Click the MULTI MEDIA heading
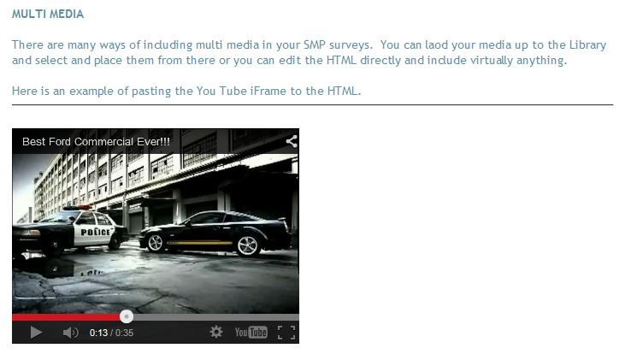coord(48,15)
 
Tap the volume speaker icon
coord(70,333)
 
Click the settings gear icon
coord(216,332)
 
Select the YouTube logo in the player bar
coord(251,333)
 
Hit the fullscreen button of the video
coord(286,333)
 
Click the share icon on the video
coord(292,141)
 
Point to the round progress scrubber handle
coord(127,316)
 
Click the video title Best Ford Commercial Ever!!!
coord(97,142)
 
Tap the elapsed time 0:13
coord(98,333)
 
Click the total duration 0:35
coord(124,333)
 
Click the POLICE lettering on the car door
coord(96,232)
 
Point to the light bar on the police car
coord(79,208)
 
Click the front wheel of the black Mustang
coord(155,243)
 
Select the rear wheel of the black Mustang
coord(247,245)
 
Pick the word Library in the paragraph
coord(587,45)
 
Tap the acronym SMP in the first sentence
coord(314,44)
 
